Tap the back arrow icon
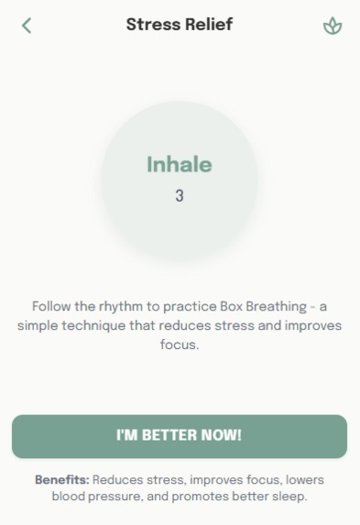click(x=27, y=25)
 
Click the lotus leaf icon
click(x=333, y=26)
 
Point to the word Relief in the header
click(x=208, y=24)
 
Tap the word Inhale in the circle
click(x=179, y=165)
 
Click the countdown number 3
click(x=179, y=195)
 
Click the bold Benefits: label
click(x=62, y=480)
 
